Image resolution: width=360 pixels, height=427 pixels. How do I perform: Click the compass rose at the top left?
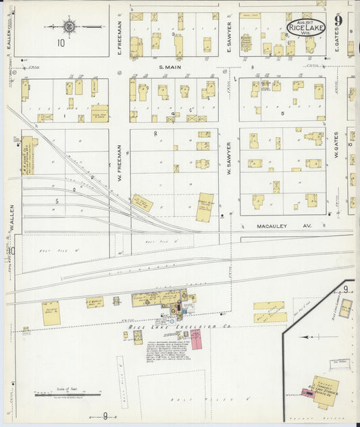69,27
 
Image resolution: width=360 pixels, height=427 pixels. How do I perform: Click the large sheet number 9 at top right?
338,20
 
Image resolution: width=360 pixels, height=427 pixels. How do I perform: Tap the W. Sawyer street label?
229,159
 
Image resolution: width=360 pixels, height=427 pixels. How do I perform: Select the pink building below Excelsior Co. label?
196,338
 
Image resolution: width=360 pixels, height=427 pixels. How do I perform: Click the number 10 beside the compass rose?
61,44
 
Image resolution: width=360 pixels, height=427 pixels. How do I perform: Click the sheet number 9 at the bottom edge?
105,416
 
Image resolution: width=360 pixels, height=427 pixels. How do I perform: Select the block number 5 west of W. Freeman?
57,201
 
